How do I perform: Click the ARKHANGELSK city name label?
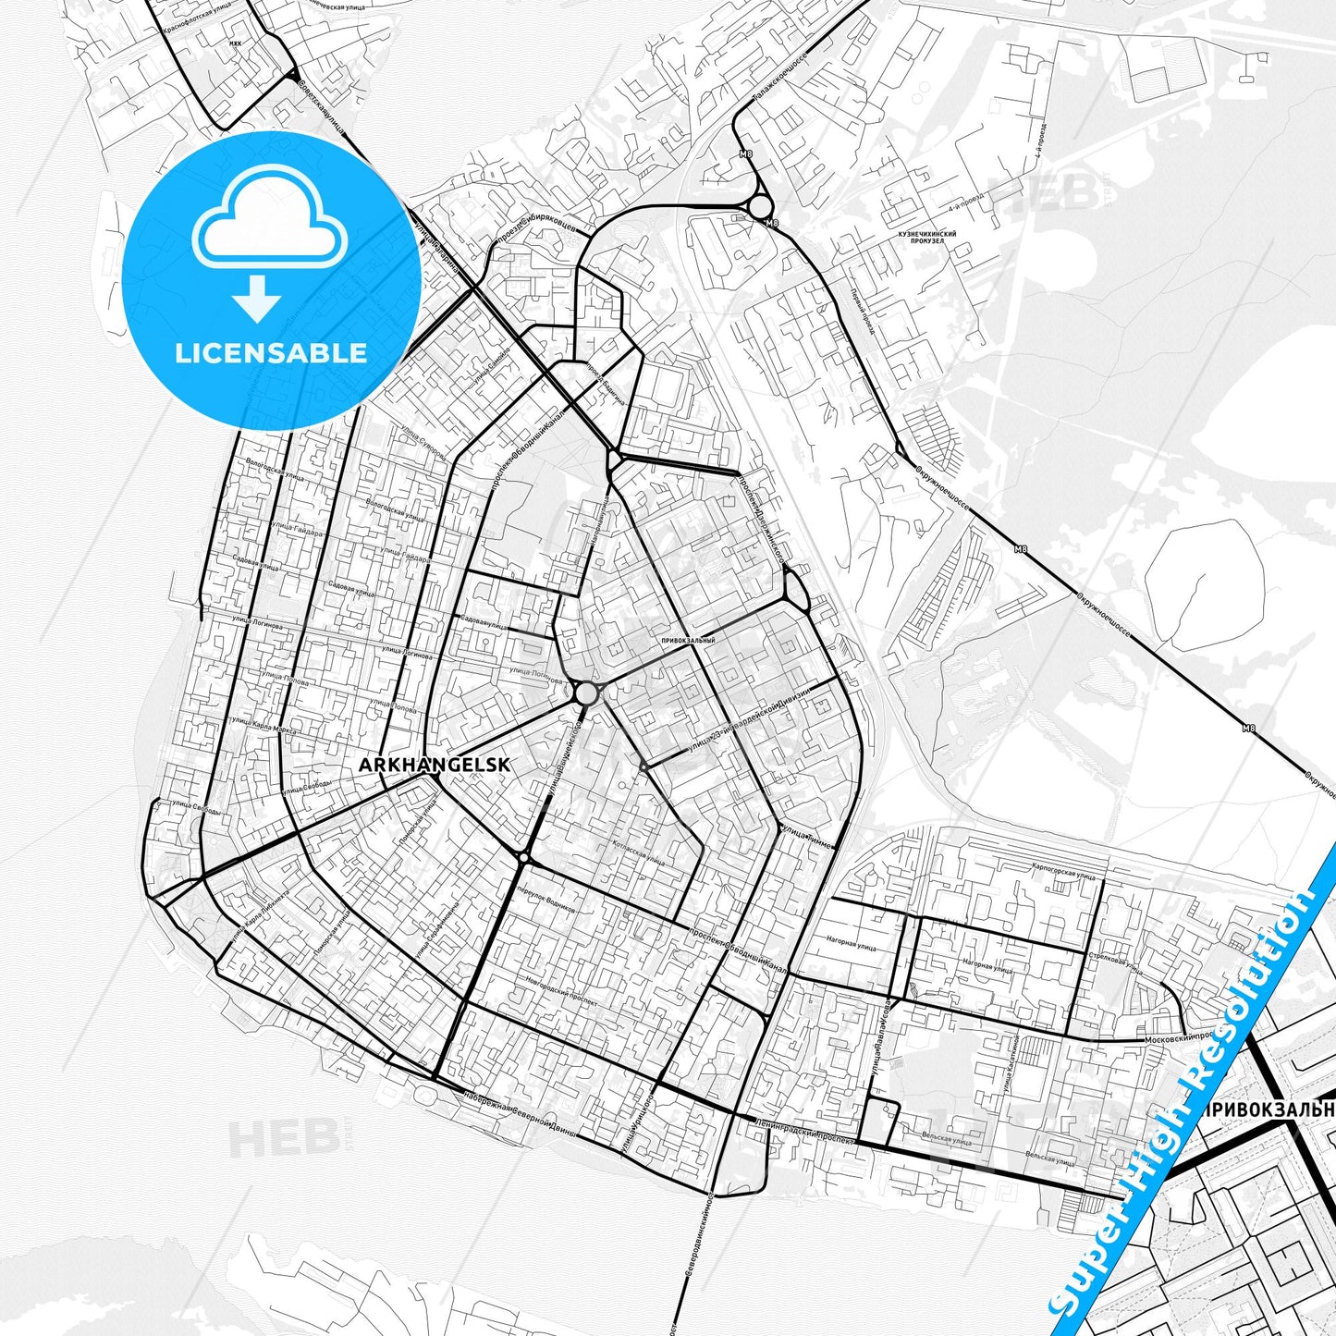[x=434, y=765]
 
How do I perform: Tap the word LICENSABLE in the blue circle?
[x=271, y=352]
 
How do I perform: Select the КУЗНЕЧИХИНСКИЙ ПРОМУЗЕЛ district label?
[x=925, y=239]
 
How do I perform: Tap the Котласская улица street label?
[x=637, y=852]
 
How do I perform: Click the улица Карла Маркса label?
[x=264, y=725]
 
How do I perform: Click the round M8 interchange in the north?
[x=760, y=206]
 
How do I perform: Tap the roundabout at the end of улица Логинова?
[x=585, y=693]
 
